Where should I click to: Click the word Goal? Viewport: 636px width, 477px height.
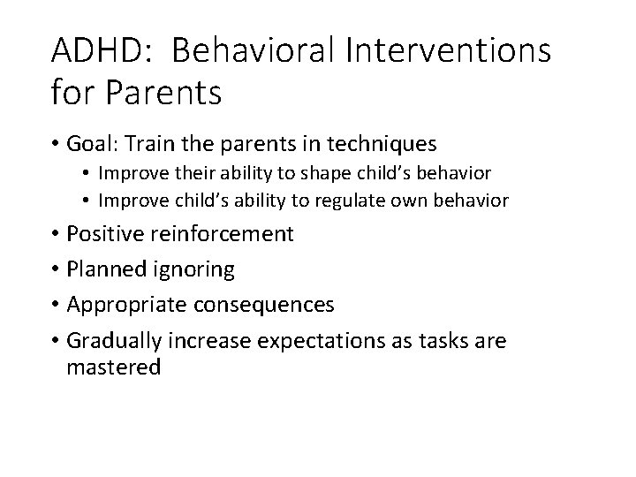[x=93, y=142]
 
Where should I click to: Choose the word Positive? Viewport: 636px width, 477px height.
[x=105, y=234]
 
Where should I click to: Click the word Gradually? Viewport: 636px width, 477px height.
[x=113, y=340]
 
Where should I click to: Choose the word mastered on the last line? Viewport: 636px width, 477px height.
[x=113, y=367]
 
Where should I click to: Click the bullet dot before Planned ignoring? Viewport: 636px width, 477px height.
[x=56, y=269]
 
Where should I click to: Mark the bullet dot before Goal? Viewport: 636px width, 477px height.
[x=56, y=143]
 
